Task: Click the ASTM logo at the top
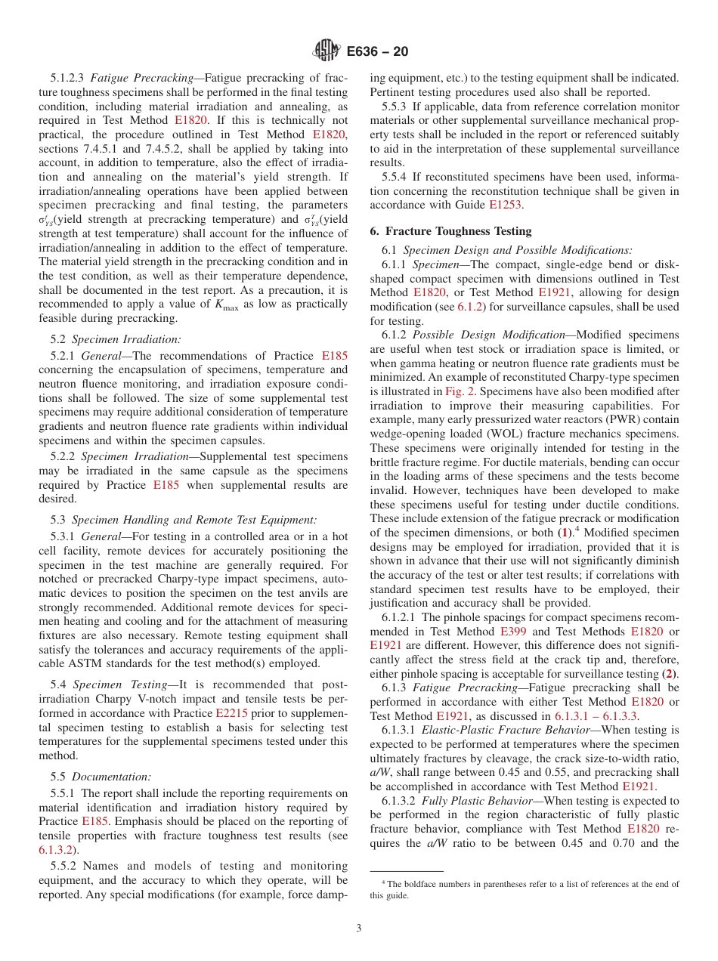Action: pyautogui.click(x=326, y=51)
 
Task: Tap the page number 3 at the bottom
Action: pyautogui.click(x=358, y=929)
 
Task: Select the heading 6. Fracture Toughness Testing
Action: pyautogui.click(x=450, y=230)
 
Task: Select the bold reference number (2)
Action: pyautogui.click(x=669, y=673)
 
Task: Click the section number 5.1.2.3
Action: pyautogui.click(x=70, y=78)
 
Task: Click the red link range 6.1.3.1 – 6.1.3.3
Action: pyautogui.click(x=596, y=715)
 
